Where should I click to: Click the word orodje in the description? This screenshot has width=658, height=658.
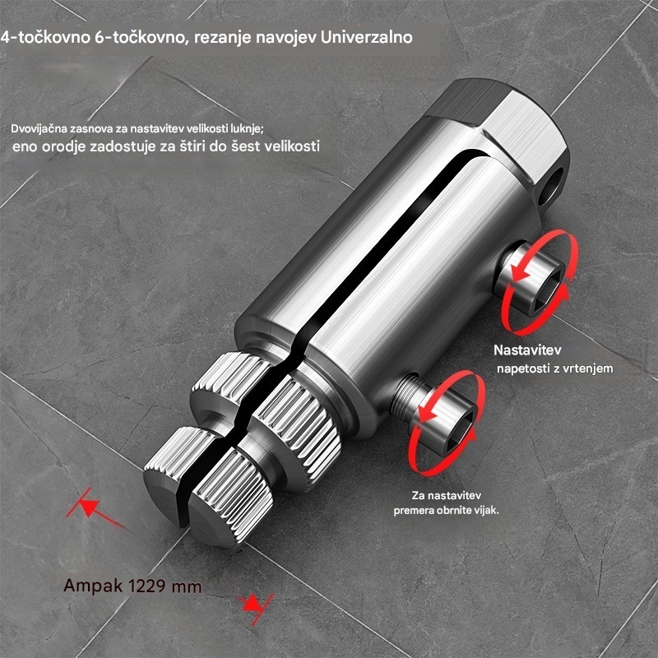pyautogui.click(x=75, y=147)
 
